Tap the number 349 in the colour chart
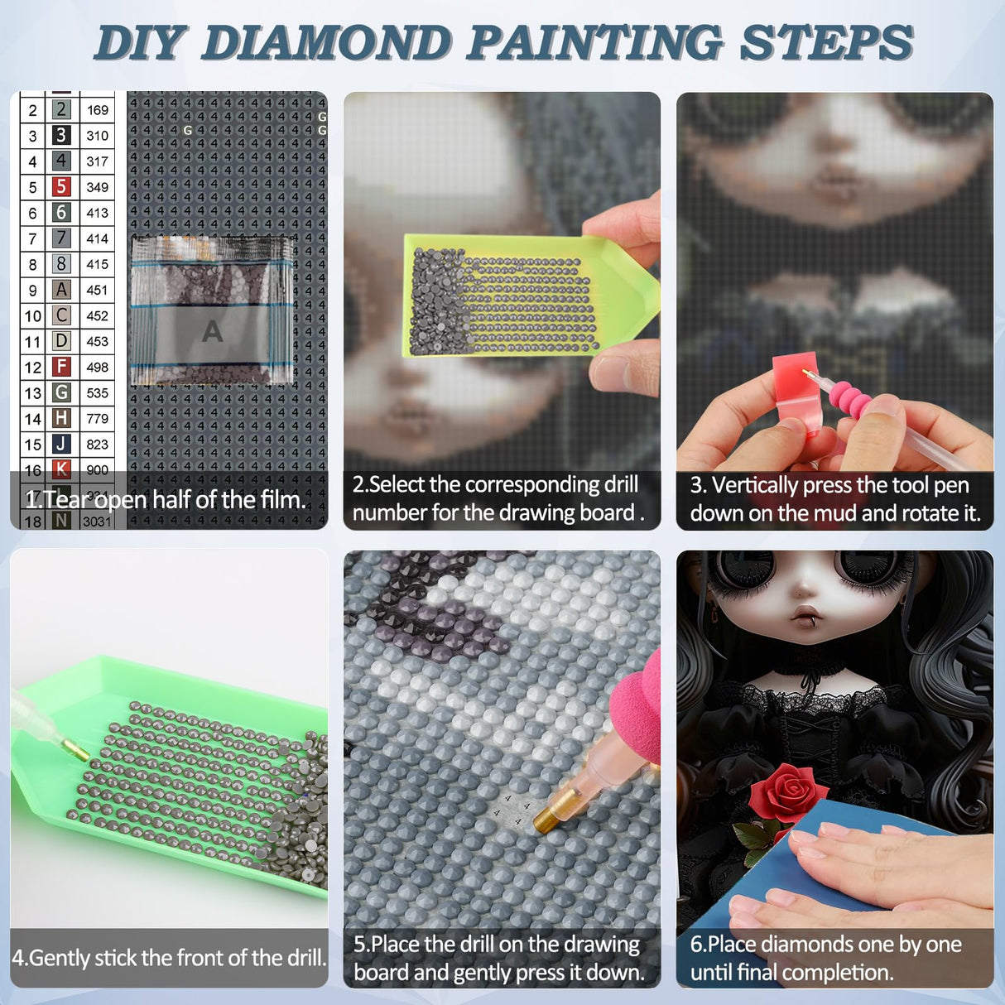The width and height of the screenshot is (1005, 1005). pyautogui.click(x=97, y=187)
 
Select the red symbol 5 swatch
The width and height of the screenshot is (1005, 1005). pyautogui.click(x=61, y=187)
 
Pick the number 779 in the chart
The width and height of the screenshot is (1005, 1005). pyautogui.click(x=97, y=419)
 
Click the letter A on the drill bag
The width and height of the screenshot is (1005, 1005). pyautogui.click(x=212, y=331)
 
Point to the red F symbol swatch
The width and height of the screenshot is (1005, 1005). pyautogui.click(x=61, y=367)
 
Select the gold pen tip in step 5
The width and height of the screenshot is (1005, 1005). pyautogui.click(x=547, y=810)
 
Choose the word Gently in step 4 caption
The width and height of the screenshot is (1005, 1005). pyautogui.click(x=59, y=958)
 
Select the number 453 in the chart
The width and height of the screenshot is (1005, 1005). pyautogui.click(x=97, y=341)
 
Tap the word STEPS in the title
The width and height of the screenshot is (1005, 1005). pyautogui.click(x=825, y=42)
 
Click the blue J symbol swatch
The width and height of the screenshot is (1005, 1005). pyautogui.click(x=61, y=444)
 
